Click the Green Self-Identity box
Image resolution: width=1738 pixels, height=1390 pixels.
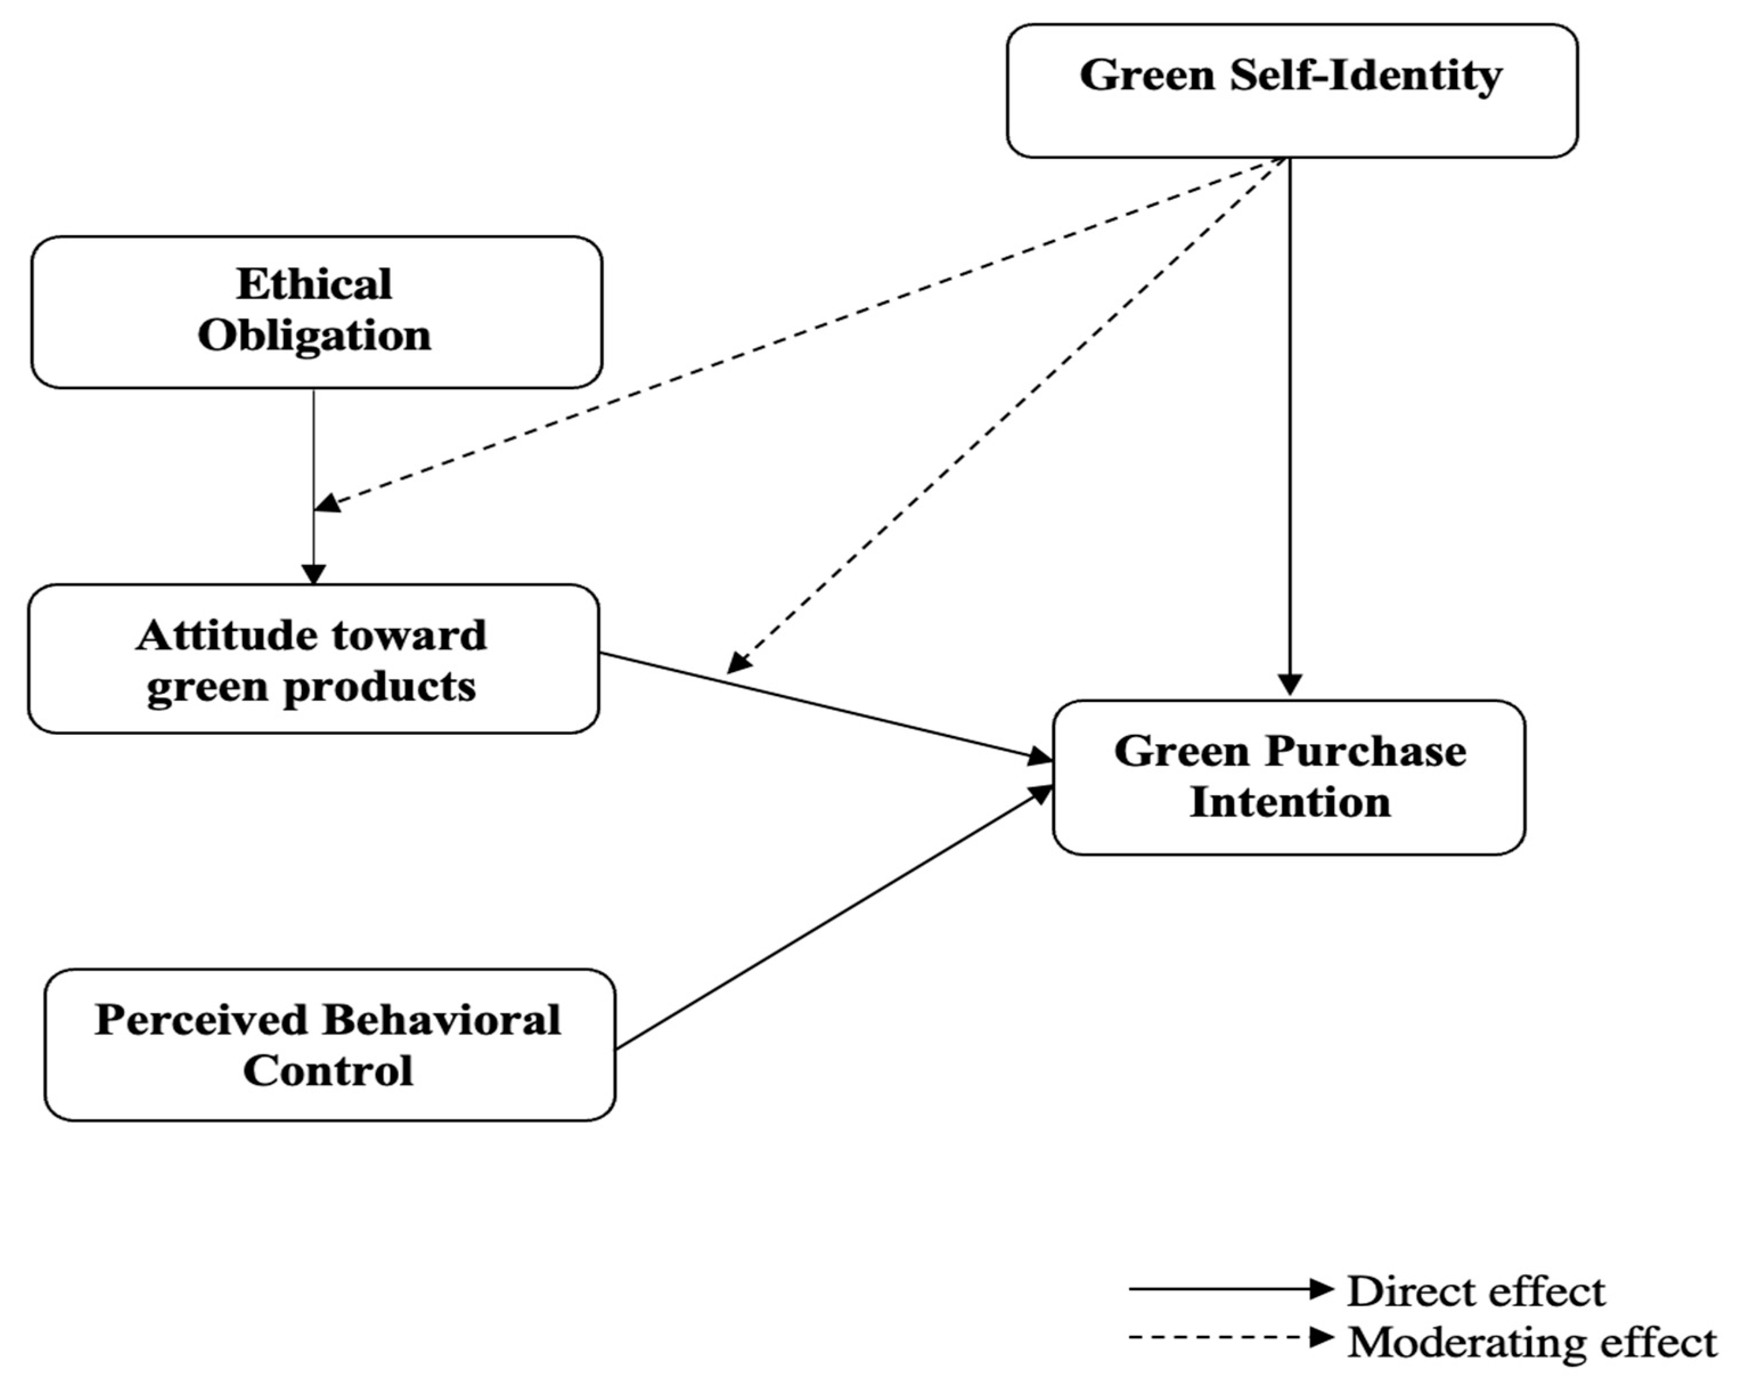[x=1291, y=91]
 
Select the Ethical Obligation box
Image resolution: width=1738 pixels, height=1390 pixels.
[x=316, y=312]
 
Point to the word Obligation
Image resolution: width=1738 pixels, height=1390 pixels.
[x=314, y=336]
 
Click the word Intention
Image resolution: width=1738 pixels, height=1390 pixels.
[x=1290, y=803]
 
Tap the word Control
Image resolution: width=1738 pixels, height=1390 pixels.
[x=328, y=1072]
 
